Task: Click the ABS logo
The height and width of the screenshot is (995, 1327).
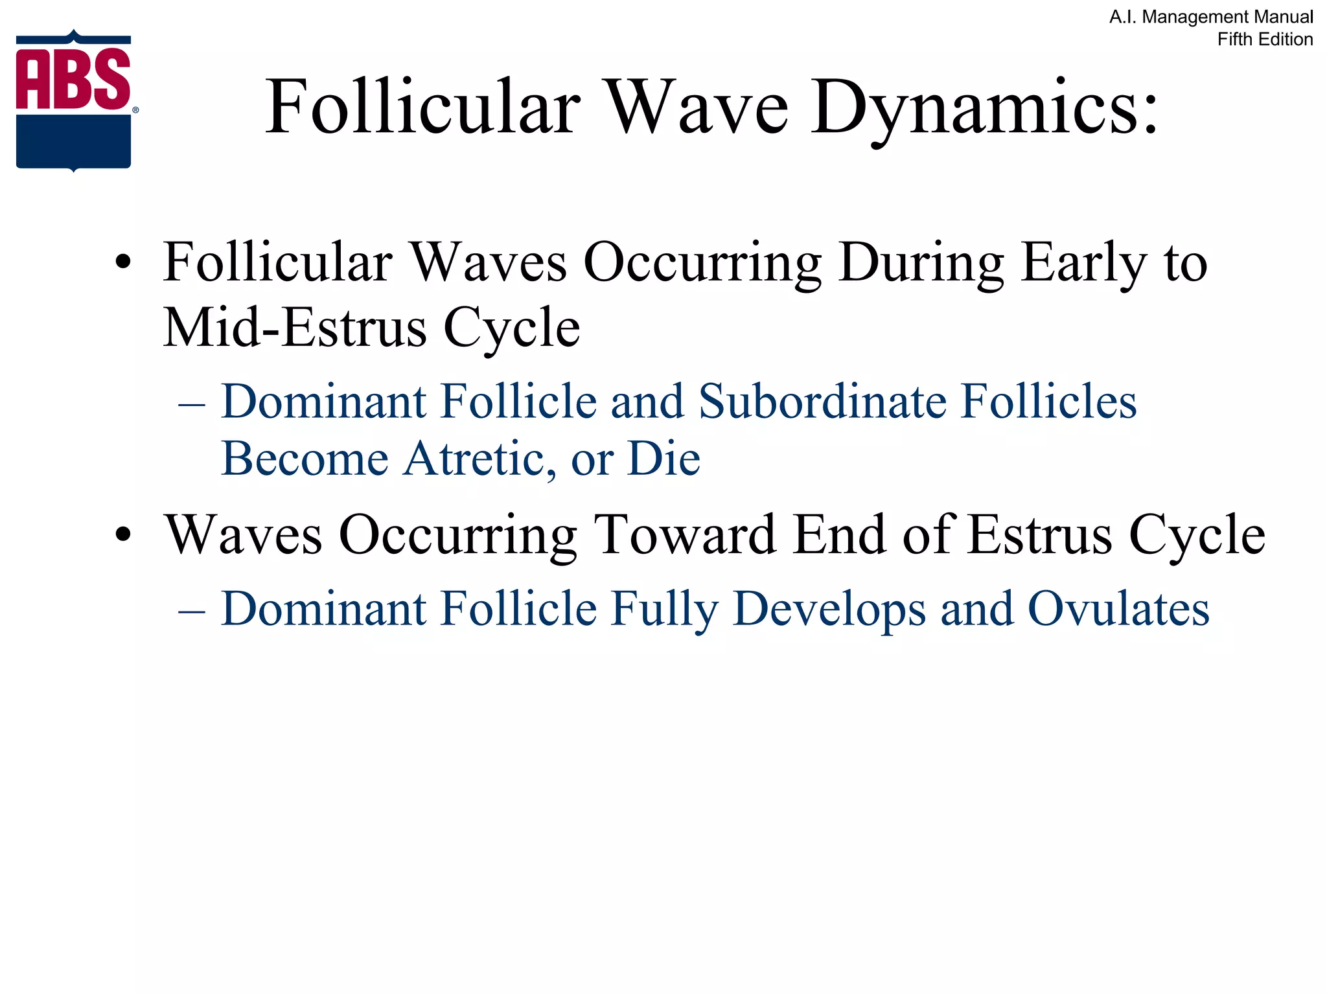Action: point(74,100)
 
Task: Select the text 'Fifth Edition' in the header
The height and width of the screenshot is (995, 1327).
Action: point(1265,40)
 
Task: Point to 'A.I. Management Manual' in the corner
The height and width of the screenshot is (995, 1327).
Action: point(1211,17)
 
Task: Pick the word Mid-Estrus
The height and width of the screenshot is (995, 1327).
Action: point(294,327)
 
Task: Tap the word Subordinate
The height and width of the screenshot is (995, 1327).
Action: point(821,402)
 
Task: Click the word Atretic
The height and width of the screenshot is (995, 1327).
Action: point(479,459)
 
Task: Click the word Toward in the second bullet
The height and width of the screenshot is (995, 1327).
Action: point(686,535)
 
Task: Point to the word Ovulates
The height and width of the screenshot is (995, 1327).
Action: point(1118,609)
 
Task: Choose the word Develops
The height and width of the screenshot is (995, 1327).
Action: point(829,609)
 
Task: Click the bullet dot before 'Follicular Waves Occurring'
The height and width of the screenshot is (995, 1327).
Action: point(122,264)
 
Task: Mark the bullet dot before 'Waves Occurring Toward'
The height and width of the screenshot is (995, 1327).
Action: point(122,536)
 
